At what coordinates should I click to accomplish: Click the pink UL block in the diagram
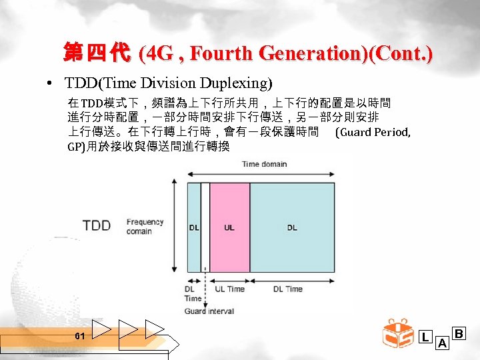point(229,227)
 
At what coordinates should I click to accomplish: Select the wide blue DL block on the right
point(292,227)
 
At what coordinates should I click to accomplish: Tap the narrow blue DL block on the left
point(193,227)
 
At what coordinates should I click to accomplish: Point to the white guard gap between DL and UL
point(205,227)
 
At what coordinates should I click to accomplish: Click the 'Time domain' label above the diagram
point(264,164)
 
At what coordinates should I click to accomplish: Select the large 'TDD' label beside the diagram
point(97,225)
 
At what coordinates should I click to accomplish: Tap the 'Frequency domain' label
point(145,227)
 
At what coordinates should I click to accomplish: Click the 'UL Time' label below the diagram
point(229,289)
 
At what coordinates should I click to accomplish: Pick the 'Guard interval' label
point(209,311)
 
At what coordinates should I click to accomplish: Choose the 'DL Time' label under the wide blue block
point(288,289)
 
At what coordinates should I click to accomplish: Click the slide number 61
point(79,336)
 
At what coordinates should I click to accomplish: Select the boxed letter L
point(425,337)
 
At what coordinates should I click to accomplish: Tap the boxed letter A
point(441,343)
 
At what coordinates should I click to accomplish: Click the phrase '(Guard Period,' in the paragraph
point(373,132)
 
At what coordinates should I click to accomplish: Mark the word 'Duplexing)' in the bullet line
point(239,84)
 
